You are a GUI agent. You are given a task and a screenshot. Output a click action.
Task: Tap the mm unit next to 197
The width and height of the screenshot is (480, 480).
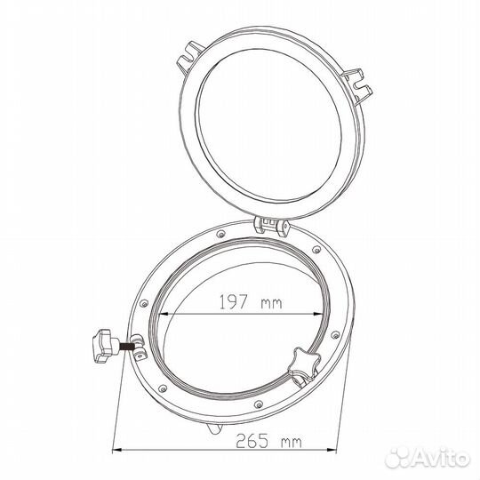point(271,303)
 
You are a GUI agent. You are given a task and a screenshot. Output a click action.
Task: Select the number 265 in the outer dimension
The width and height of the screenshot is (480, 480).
point(252,441)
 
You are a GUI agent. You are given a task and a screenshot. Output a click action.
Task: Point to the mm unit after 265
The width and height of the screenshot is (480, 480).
point(292,443)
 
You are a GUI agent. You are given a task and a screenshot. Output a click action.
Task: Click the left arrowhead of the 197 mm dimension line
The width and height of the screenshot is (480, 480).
point(164,314)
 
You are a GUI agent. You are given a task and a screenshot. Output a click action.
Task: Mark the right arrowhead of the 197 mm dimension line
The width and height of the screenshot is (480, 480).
point(317,314)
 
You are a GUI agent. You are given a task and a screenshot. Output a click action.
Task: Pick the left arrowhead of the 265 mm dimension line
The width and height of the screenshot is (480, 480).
point(117,450)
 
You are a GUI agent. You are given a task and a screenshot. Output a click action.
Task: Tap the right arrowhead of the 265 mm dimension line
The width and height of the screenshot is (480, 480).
point(332,450)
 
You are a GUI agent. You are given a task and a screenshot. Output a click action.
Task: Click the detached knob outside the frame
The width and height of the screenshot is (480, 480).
point(105,346)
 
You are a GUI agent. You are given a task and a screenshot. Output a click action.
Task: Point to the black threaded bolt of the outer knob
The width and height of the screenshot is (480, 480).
point(126,348)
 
